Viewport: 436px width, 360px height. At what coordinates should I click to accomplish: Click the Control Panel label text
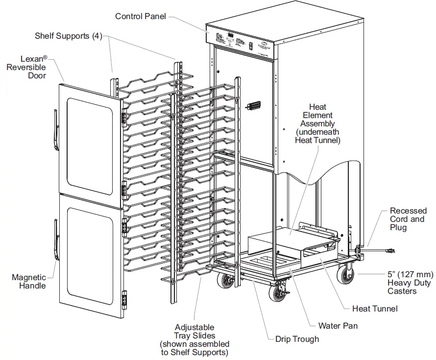pos(140,16)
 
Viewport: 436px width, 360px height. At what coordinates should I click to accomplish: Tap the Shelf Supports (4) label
pos(68,36)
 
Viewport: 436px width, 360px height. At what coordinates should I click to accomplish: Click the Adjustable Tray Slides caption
pos(194,339)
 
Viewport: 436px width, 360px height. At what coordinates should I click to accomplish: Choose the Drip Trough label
pos(297,339)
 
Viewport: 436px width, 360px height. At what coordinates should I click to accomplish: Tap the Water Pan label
pos(338,325)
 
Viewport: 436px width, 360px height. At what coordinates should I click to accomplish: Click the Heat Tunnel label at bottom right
pos(375,308)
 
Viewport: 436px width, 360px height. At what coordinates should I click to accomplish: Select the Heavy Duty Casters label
pos(409,283)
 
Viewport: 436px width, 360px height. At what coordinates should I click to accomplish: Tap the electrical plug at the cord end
pos(390,252)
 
